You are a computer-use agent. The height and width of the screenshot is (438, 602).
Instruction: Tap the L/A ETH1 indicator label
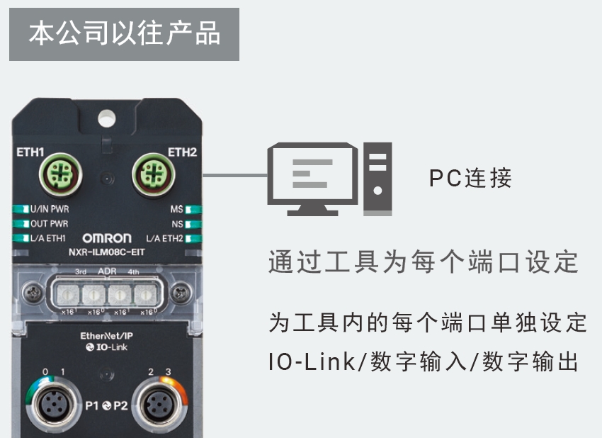(x=49, y=238)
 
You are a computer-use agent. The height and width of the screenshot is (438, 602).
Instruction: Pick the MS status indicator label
(x=177, y=209)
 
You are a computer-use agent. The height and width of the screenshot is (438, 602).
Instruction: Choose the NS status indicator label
(x=178, y=223)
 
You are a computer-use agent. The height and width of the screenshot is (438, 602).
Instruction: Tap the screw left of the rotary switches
(x=30, y=291)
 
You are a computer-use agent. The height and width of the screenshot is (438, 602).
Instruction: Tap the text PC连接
(x=470, y=178)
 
